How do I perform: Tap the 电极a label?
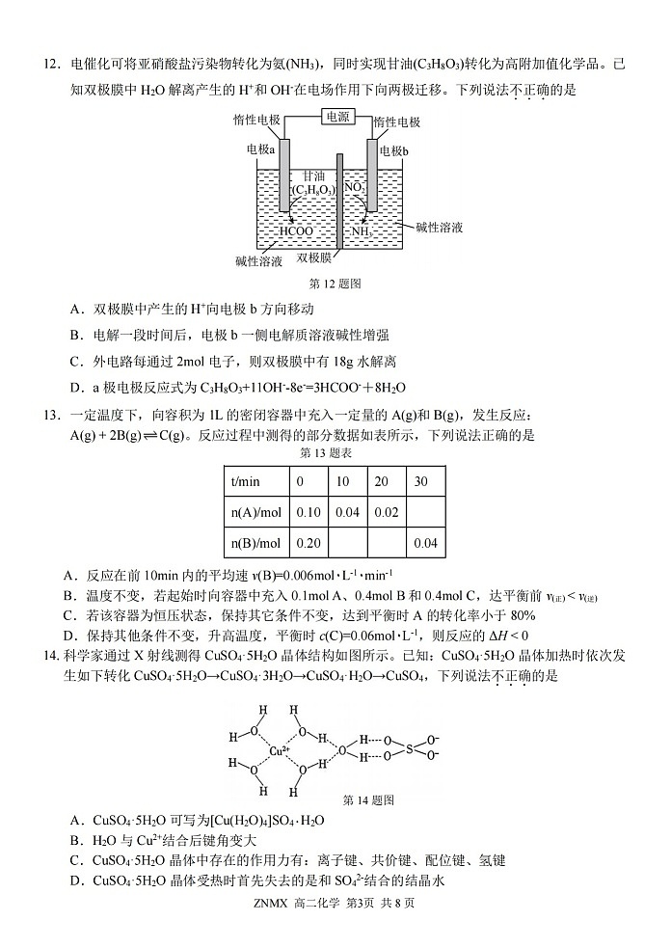point(261,150)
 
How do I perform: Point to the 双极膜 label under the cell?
point(314,258)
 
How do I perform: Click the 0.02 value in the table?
point(387,512)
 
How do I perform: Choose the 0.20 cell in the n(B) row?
point(309,543)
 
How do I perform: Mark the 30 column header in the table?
point(420,481)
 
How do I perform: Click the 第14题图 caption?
point(368,800)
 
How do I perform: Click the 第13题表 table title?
point(327,452)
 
